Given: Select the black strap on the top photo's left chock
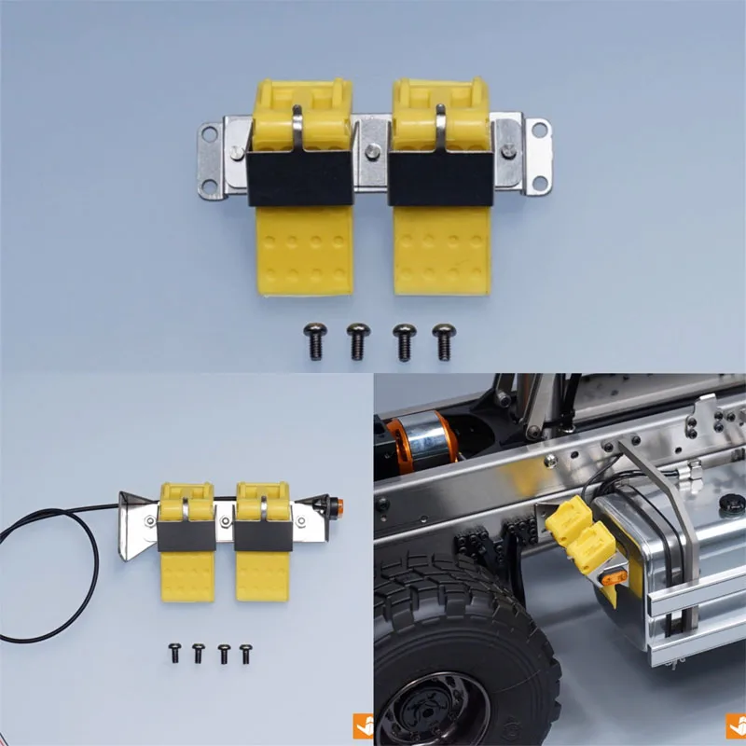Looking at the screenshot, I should (x=300, y=177).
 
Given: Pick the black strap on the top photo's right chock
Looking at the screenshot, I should (x=440, y=177).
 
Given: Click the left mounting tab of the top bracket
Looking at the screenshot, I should (x=213, y=159).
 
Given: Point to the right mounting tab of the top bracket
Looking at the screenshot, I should (x=536, y=154).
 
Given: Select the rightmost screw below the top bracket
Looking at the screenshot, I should (x=445, y=339).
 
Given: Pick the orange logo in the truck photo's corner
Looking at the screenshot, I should (x=735, y=725).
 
